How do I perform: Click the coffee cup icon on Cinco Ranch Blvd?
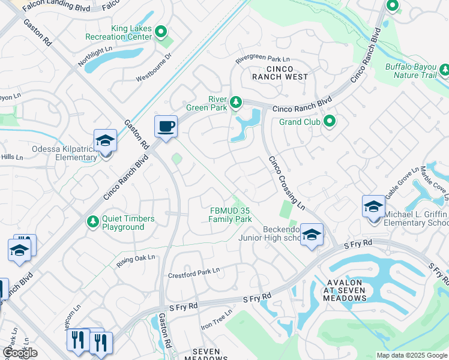click(166, 126)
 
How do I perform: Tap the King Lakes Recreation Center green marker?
click(160, 31)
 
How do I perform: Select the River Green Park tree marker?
click(237, 103)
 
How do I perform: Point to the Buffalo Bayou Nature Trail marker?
click(445, 70)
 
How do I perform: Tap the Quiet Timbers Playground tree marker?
click(92, 222)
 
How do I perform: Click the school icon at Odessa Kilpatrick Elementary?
click(105, 142)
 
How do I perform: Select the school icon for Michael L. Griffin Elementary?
click(373, 207)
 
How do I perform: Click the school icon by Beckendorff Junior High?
click(311, 235)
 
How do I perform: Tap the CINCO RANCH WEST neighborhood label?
click(280, 72)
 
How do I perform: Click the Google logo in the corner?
click(20, 353)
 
